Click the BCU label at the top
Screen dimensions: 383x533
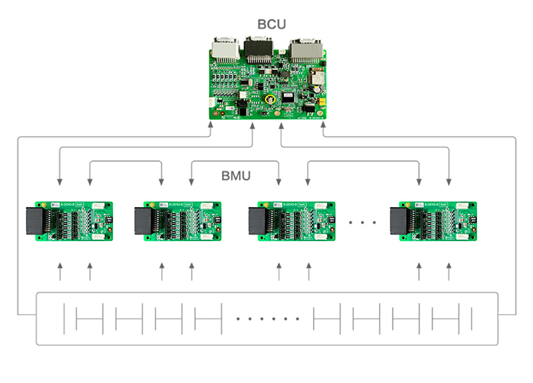pos(272,25)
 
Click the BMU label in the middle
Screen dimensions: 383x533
pos(236,177)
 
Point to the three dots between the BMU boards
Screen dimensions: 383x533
pos(363,222)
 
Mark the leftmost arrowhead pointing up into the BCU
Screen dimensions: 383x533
pos(211,129)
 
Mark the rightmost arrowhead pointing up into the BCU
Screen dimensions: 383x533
pos(323,129)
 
